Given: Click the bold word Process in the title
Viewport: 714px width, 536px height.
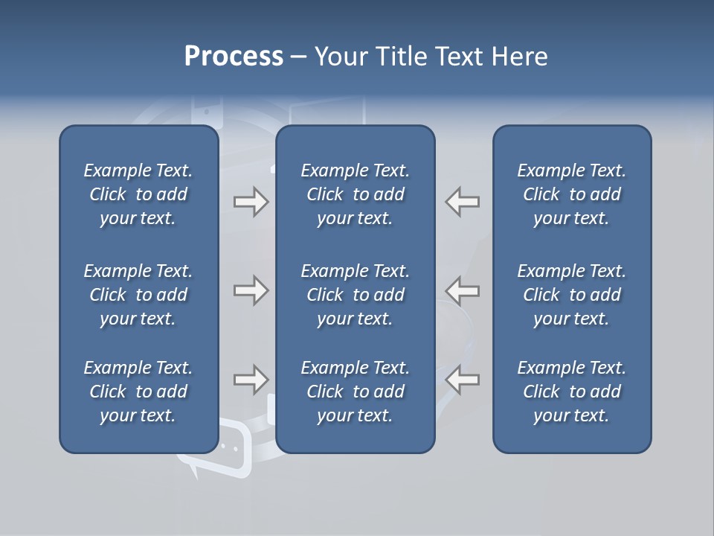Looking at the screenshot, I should pyautogui.click(x=234, y=57).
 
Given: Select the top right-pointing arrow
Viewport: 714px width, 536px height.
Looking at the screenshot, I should pyautogui.click(x=251, y=202).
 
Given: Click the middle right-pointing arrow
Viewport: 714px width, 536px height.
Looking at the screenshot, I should pyautogui.click(x=251, y=290).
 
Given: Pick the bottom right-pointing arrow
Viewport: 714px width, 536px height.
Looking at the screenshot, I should pyautogui.click(x=251, y=379).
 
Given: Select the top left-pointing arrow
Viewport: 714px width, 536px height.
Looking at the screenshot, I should pyautogui.click(x=463, y=202).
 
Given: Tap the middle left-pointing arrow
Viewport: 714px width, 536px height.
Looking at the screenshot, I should pyautogui.click(x=463, y=290).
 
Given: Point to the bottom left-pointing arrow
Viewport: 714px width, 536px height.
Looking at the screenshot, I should pyautogui.click(x=463, y=379).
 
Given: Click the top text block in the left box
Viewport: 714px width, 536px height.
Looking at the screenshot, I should pyautogui.click(x=138, y=194).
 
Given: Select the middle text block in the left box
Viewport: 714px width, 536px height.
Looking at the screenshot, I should pyautogui.click(x=138, y=295).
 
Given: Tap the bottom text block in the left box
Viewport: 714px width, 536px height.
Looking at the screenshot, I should pyautogui.click(x=138, y=392).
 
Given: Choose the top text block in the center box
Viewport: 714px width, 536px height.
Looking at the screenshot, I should pyautogui.click(x=355, y=194).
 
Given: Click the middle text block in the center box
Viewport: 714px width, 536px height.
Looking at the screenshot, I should pyautogui.click(x=355, y=295).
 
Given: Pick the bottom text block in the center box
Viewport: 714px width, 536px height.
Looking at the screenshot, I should pyautogui.click(x=355, y=392).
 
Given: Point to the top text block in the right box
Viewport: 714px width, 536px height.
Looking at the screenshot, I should pyautogui.click(x=571, y=194).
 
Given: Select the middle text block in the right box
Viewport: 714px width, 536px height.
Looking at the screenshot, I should pyautogui.click(x=571, y=295).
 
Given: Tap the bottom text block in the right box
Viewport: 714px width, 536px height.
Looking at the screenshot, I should pyautogui.click(x=571, y=392).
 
